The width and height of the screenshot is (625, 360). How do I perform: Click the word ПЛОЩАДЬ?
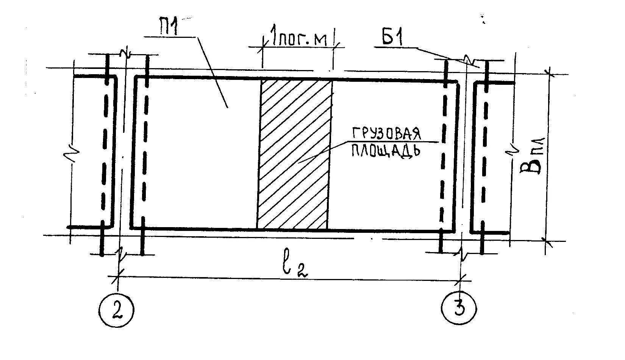point(386,150)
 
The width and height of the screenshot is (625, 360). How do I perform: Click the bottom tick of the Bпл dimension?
point(546,240)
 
